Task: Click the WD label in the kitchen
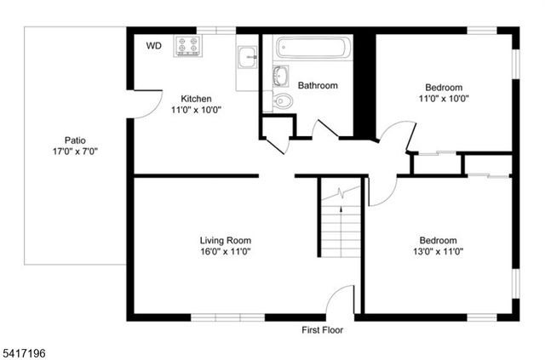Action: pyautogui.click(x=153, y=45)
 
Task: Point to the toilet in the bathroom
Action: pyautogui.click(x=283, y=102)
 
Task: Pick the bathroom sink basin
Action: pyautogui.click(x=280, y=76)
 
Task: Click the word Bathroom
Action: pyautogui.click(x=318, y=86)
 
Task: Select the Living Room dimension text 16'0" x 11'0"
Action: pyautogui.click(x=226, y=251)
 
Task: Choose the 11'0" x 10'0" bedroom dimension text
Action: pyautogui.click(x=444, y=99)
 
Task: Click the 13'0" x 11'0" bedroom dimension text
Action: pyautogui.click(x=438, y=251)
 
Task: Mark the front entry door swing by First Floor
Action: pyautogui.click(x=341, y=301)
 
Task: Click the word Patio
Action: pyautogui.click(x=75, y=140)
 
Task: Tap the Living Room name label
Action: pyautogui.click(x=226, y=240)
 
